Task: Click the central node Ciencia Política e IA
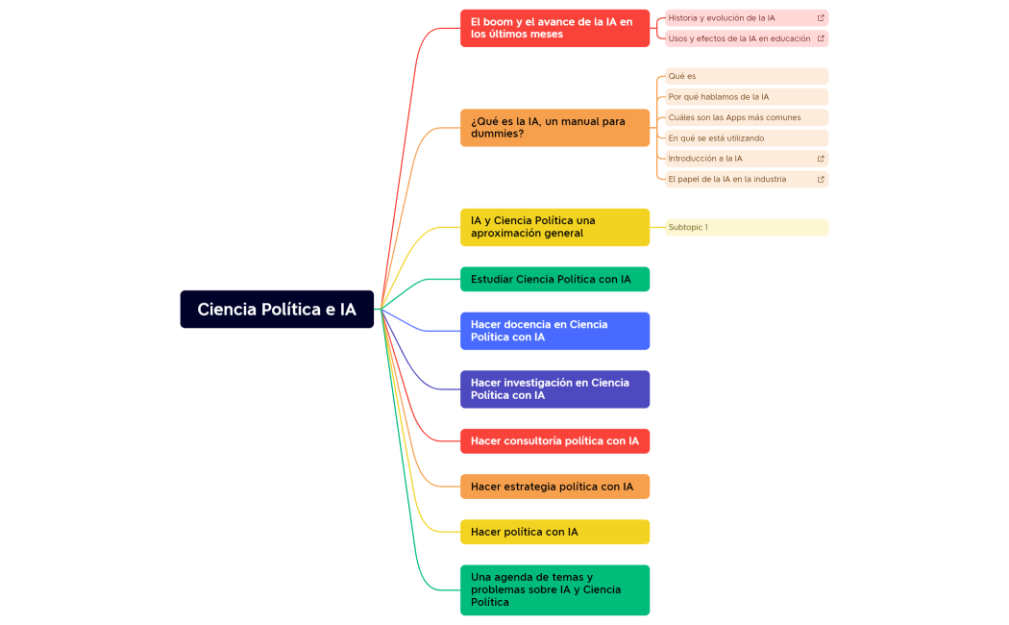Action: click(277, 310)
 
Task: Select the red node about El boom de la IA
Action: click(554, 28)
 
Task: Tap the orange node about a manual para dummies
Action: click(554, 128)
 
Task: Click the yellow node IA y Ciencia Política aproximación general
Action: click(554, 227)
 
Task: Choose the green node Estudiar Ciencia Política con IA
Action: click(554, 279)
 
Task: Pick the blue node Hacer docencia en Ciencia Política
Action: click(554, 331)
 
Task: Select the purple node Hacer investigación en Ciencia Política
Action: click(554, 389)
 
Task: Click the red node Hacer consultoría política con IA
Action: click(554, 441)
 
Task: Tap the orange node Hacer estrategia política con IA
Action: click(554, 487)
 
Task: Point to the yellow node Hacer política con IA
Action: click(554, 532)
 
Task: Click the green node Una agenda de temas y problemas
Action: click(554, 589)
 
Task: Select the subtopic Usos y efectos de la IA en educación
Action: click(740, 38)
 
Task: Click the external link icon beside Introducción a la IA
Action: click(821, 159)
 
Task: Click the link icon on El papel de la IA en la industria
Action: click(821, 179)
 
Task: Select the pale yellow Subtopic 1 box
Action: click(747, 227)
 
